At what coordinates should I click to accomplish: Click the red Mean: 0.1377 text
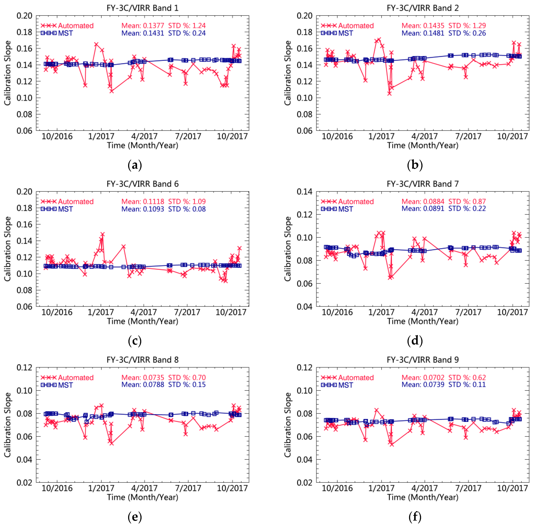(143, 26)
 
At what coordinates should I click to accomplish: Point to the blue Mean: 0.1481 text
(423, 33)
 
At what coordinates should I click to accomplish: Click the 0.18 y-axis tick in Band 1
(24, 32)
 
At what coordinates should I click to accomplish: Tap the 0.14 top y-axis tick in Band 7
(304, 192)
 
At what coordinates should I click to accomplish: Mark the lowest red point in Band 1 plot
(111, 91)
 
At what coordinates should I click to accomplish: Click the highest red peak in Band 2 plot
(379, 39)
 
